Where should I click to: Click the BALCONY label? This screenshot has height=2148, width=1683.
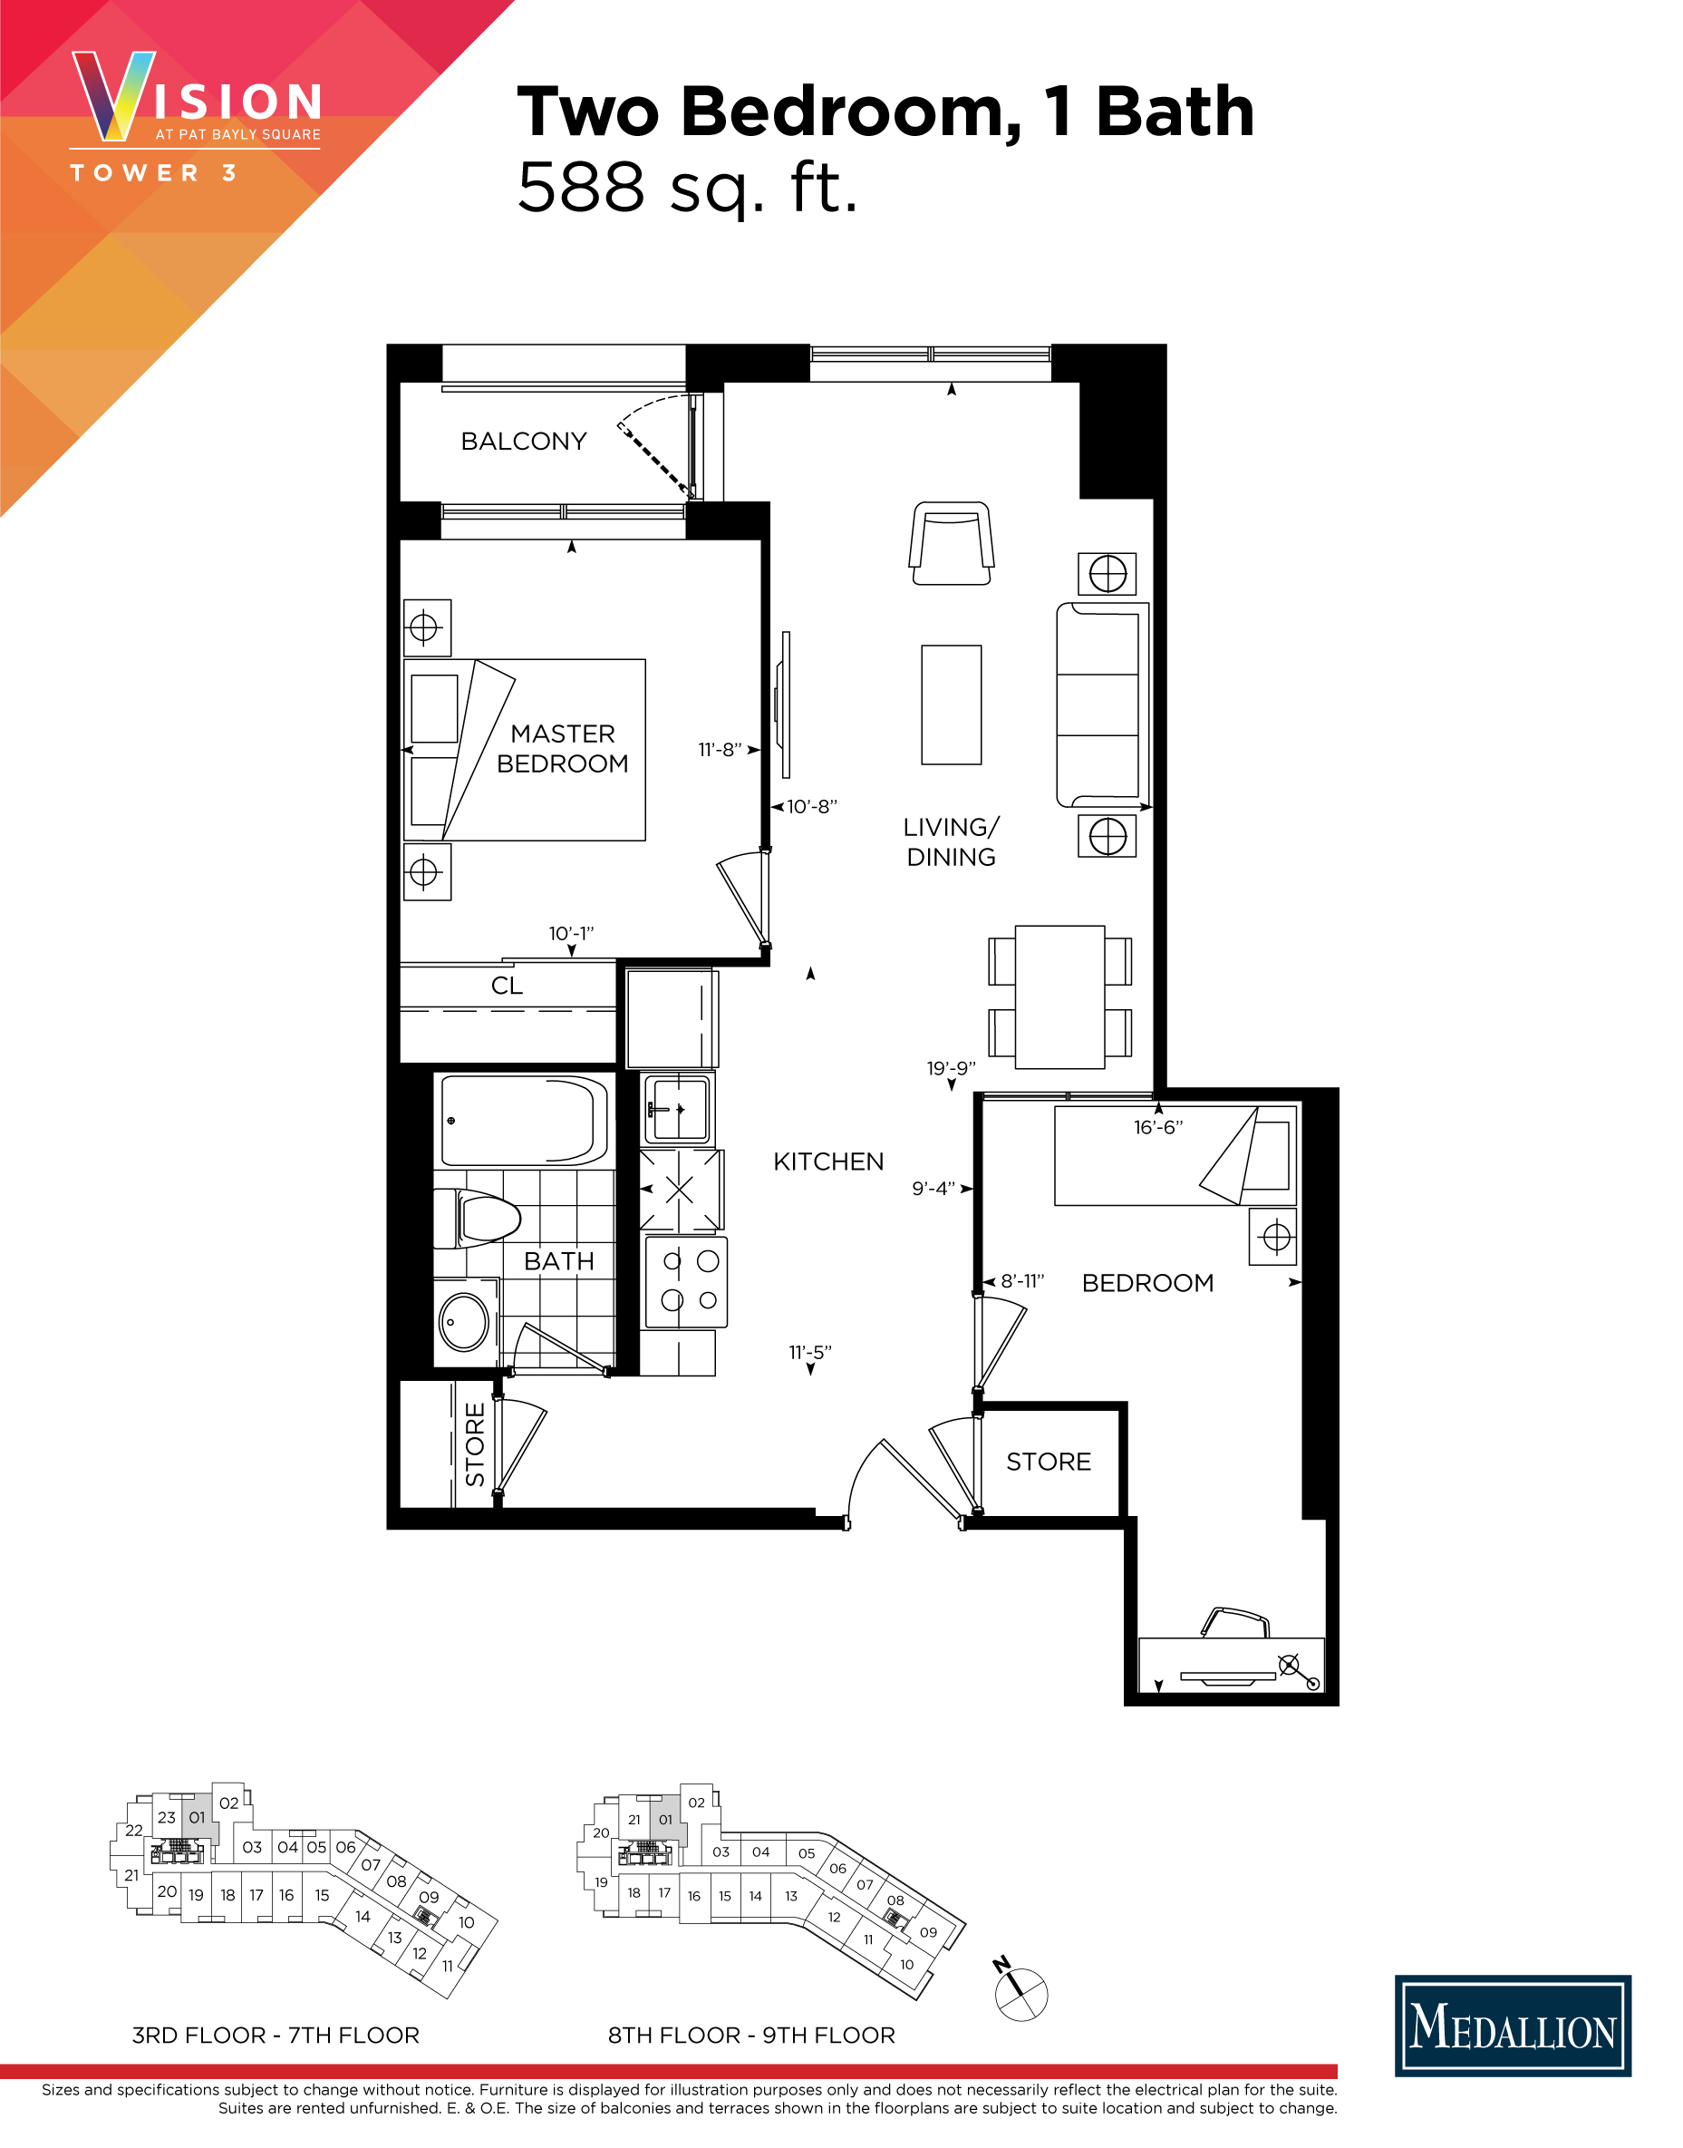(523, 441)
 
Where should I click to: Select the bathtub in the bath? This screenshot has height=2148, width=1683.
(523, 1121)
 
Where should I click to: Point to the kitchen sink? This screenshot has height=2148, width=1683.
(678, 1109)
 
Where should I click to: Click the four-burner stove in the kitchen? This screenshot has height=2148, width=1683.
(687, 1280)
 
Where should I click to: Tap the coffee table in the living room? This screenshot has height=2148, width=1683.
(951, 704)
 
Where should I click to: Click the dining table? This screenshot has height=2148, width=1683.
(1059, 996)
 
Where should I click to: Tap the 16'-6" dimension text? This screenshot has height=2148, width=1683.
(1158, 1127)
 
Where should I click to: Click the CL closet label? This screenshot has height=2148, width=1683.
(507, 986)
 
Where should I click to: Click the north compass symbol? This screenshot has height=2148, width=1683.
(1020, 1993)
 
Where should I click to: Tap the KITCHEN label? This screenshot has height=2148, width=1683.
(827, 1161)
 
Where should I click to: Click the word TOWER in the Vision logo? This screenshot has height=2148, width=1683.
(135, 173)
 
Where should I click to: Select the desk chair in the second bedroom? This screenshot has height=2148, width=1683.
(1235, 1621)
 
